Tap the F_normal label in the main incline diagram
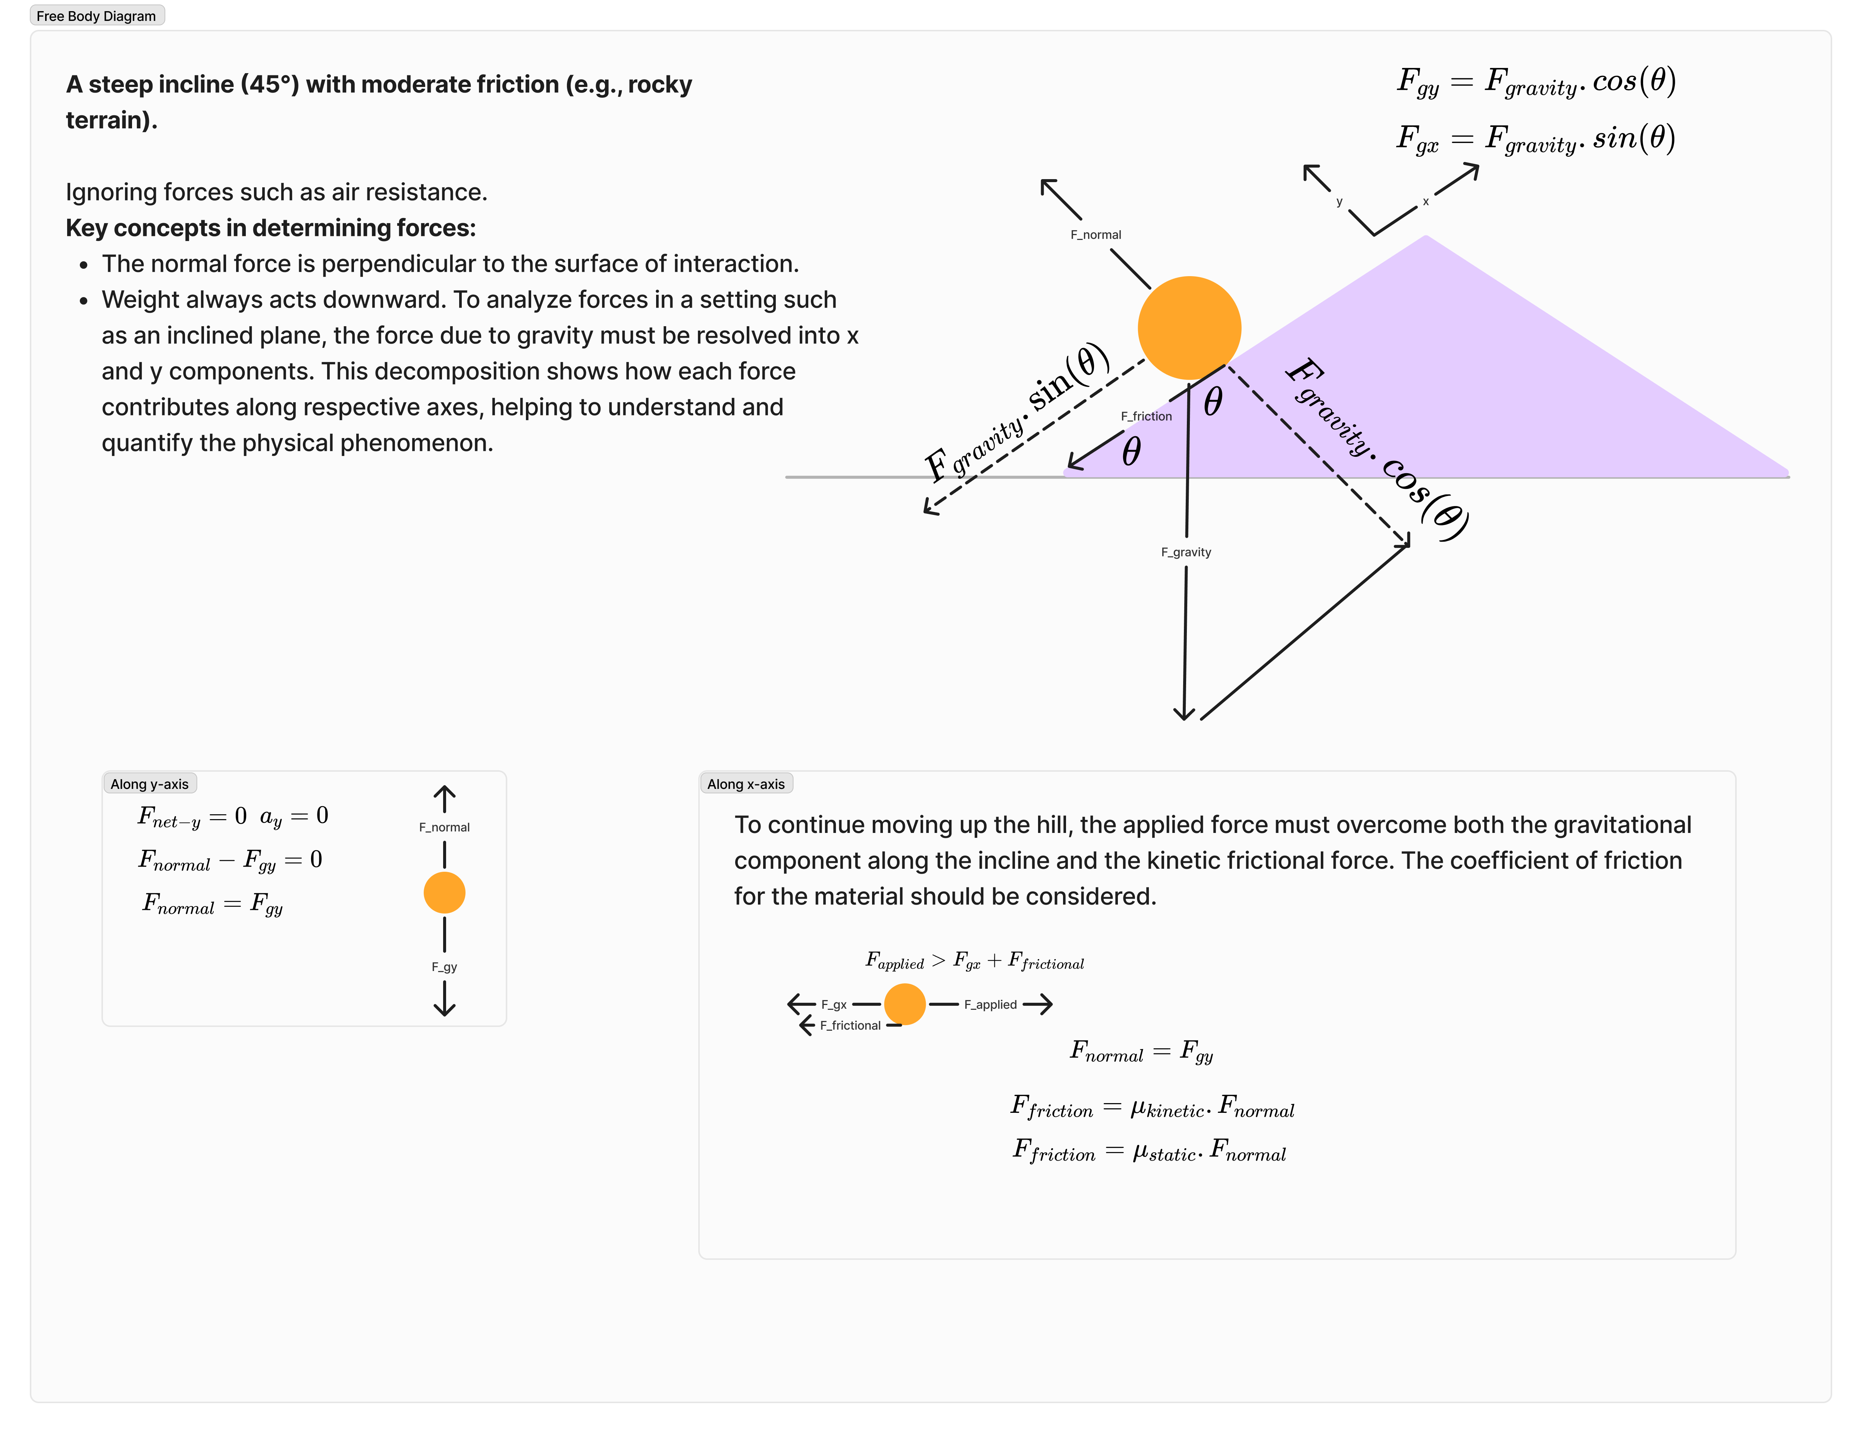pyautogui.click(x=1095, y=235)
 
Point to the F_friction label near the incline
pyautogui.click(x=1146, y=416)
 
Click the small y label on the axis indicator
pyautogui.click(x=1339, y=202)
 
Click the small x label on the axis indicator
pyautogui.click(x=1426, y=202)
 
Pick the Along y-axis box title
pyautogui.click(x=149, y=784)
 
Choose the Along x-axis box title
pyautogui.click(x=746, y=784)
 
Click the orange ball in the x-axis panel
pyautogui.click(x=905, y=1004)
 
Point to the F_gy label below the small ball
pyautogui.click(x=444, y=967)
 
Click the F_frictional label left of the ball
pyautogui.click(x=850, y=1025)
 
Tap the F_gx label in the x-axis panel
pyautogui.click(x=834, y=1005)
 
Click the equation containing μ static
pyautogui.click(x=1148, y=1152)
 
